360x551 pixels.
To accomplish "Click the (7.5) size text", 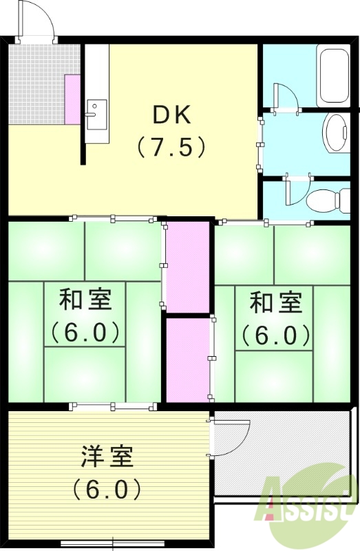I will pos(170,147).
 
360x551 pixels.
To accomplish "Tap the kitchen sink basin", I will pos(96,111).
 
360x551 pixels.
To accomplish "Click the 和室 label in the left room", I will pos(85,301).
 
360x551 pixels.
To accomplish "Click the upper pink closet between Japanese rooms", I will pos(188,266).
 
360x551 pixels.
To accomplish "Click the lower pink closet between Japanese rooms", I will pos(188,358).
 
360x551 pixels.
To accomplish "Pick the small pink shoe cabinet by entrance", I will pos(73,99).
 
